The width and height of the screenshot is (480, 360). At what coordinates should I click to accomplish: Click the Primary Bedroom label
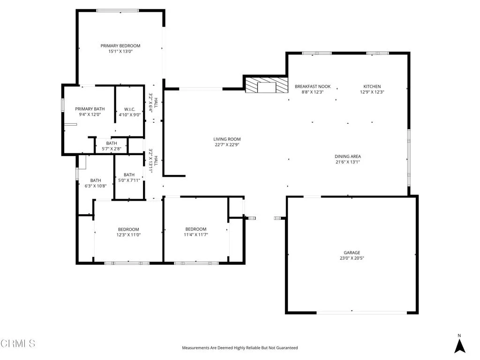pos(120,46)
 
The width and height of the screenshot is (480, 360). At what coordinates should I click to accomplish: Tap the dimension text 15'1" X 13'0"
pos(120,52)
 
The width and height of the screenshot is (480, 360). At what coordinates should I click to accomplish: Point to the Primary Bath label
pos(90,109)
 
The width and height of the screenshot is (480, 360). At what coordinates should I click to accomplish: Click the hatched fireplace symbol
pos(266,86)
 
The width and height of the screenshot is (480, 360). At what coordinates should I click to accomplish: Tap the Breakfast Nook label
pos(313,87)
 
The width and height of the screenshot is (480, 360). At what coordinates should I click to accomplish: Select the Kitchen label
pos(372,87)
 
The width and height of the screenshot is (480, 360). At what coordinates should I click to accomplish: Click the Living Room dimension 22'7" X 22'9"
pos(227,145)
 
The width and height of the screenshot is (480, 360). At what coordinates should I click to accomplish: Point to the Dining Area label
pos(348,157)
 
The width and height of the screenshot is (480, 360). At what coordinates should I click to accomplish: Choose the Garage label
pos(352,253)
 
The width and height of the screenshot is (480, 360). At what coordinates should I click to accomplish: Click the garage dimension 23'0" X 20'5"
pos(352,258)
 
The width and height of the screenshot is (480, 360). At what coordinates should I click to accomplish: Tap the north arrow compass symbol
pos(460,345)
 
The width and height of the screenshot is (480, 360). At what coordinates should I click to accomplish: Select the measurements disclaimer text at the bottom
pos(240,348)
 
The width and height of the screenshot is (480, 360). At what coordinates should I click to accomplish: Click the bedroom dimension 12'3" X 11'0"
pos(128,235)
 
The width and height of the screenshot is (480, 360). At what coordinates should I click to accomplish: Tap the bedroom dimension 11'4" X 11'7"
pos(196,235)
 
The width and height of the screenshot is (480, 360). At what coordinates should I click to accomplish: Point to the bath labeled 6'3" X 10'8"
pos(96,183)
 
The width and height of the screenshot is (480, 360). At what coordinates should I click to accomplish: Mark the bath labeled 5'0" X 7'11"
pos(129,177)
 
